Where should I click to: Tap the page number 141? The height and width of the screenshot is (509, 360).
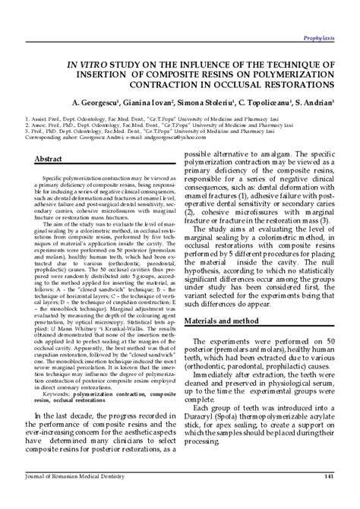[x=329, y=498]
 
